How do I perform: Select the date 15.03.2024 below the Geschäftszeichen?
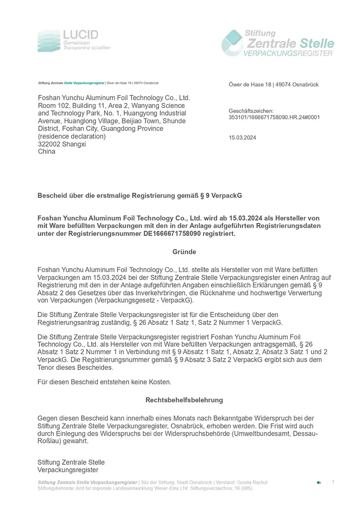242,138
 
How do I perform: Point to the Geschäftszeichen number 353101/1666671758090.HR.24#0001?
274,117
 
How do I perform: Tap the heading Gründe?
184,252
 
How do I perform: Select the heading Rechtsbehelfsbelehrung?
184,400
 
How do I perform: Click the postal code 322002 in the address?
48,144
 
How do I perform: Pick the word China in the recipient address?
47,152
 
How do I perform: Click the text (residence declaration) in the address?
72,136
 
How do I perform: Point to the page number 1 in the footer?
333,482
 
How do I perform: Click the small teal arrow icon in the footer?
319,483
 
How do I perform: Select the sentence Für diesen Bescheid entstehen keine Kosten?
104,382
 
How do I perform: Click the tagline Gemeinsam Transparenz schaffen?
86,46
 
